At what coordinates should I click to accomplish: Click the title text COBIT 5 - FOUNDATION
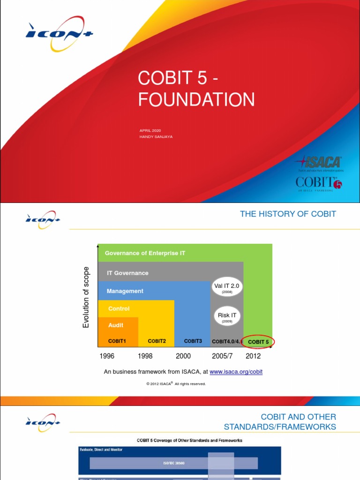pos(196,89)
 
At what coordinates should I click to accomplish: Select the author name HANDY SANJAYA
pos(156,136)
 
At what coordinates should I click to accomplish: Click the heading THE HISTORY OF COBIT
pos(288,214)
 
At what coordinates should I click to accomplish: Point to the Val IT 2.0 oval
pos(227,287)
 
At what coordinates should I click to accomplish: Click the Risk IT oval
pos(227,317)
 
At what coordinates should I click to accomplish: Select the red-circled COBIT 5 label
pos(258,342)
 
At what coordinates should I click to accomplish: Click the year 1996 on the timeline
pos(107,356)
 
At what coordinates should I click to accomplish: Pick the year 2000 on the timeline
pos(183,356)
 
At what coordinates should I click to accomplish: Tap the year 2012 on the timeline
pos(253,356)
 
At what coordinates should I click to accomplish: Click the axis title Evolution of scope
pos(86,297)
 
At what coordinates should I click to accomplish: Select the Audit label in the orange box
pos(116,325)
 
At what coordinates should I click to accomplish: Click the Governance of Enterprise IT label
pos(145,253)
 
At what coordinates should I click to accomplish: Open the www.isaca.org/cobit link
pos(236,372)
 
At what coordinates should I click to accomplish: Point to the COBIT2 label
pos(157,341)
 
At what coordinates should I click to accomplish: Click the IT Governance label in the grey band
pos(127,273)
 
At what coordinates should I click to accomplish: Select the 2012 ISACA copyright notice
pos(176,383)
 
